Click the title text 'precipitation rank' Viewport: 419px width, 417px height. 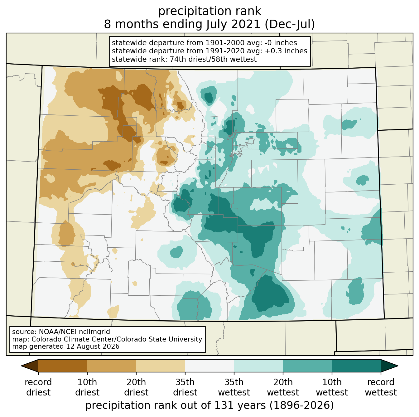click(x=209, y=11)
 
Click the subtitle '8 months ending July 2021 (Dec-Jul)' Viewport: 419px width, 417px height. click(x=209, y=24)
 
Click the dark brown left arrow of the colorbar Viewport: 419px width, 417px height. click(x=30, y=366)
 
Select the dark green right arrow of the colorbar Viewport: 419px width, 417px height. click(x=389, y=366)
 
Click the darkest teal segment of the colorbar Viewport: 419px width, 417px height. click(x=356, y=366)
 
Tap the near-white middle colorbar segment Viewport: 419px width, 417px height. click(x=209, y=366)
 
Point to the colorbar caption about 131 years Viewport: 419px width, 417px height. click(x=209, y=405)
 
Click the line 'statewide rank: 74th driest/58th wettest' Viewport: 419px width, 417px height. click(x=184, y=59)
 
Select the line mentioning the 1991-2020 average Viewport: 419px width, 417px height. click(x=209, y=51)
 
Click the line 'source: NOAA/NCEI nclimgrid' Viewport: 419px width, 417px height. click(x=61, y=332)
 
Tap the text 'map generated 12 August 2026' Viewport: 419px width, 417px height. click(x=66, y=346)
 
